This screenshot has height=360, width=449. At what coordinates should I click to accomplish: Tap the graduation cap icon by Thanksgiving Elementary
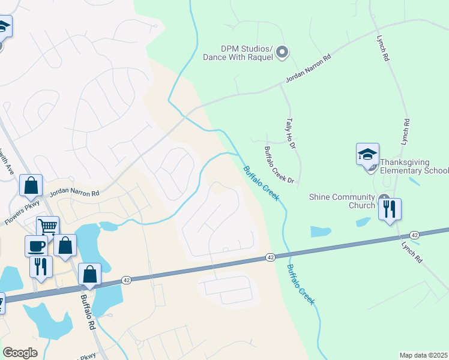[367, 155]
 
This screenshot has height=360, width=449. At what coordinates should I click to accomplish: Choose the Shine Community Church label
[342, 196]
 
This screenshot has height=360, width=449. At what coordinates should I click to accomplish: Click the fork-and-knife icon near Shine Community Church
[390, 209]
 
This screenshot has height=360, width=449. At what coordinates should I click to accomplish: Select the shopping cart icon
[47, 227]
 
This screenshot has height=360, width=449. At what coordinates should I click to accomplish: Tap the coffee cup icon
[36, 246]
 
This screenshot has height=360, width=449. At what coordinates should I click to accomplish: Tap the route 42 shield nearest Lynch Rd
[414, 235]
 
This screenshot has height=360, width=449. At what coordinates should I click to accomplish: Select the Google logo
[20, 353]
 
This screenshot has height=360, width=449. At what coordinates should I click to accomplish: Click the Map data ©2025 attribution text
[423, 355]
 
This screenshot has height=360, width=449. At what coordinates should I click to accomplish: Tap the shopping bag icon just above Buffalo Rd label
[89, 274]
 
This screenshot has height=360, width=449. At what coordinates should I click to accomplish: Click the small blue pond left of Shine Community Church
[321, 232]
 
